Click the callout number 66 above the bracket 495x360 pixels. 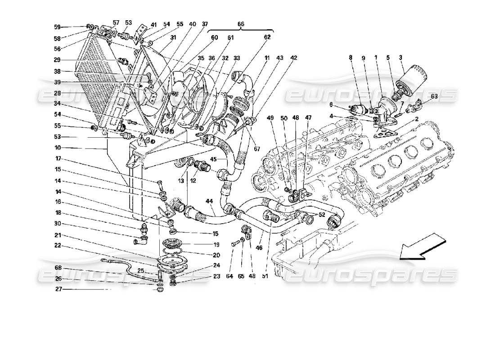[x=241, y=23]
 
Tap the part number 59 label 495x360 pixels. [x=57, y=27]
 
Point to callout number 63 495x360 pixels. [x=434, y=96]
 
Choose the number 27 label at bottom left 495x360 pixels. [x=57, y=290]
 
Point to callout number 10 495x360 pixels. [x=57, y=148]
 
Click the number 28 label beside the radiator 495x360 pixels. [x=57, y=93]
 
